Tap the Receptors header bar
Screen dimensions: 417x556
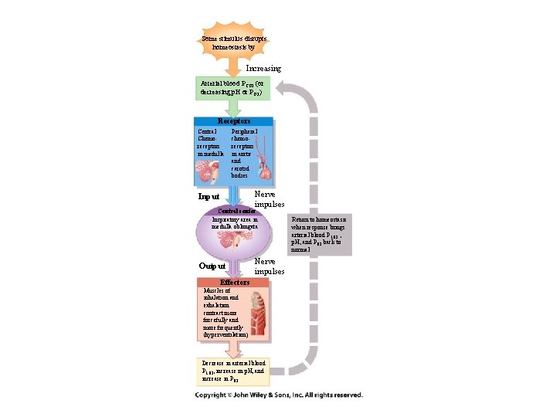point(233,121)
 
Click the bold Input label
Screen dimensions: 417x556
point(209,197)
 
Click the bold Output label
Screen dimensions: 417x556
point(212,266)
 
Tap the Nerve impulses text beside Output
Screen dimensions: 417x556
point(270,266)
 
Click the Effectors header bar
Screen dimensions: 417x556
point(234,283)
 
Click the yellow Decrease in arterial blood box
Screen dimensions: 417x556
point(233,370)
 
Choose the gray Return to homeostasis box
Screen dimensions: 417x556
point(319,234)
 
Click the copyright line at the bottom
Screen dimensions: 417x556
point(277,395)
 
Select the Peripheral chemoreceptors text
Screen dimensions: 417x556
point(243,153)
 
